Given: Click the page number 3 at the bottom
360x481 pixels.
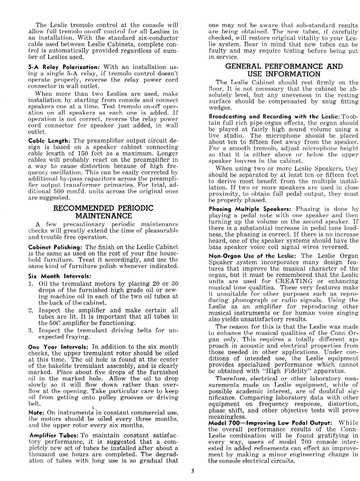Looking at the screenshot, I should coord(193,471).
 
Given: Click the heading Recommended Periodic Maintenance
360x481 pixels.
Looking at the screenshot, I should coord(103,212).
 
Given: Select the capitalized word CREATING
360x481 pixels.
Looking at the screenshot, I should coord(294,281).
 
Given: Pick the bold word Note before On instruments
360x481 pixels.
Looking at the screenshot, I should coord(36,413).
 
